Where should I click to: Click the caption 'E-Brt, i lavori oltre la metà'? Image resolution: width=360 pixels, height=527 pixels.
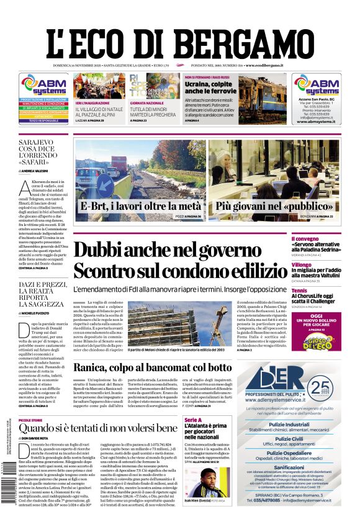(140, 206)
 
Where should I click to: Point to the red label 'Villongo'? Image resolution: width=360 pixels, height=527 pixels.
(319, 264)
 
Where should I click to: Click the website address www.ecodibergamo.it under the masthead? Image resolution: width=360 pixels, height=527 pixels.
(264, 65)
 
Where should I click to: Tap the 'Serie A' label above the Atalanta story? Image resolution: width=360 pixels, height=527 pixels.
(193, 421)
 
